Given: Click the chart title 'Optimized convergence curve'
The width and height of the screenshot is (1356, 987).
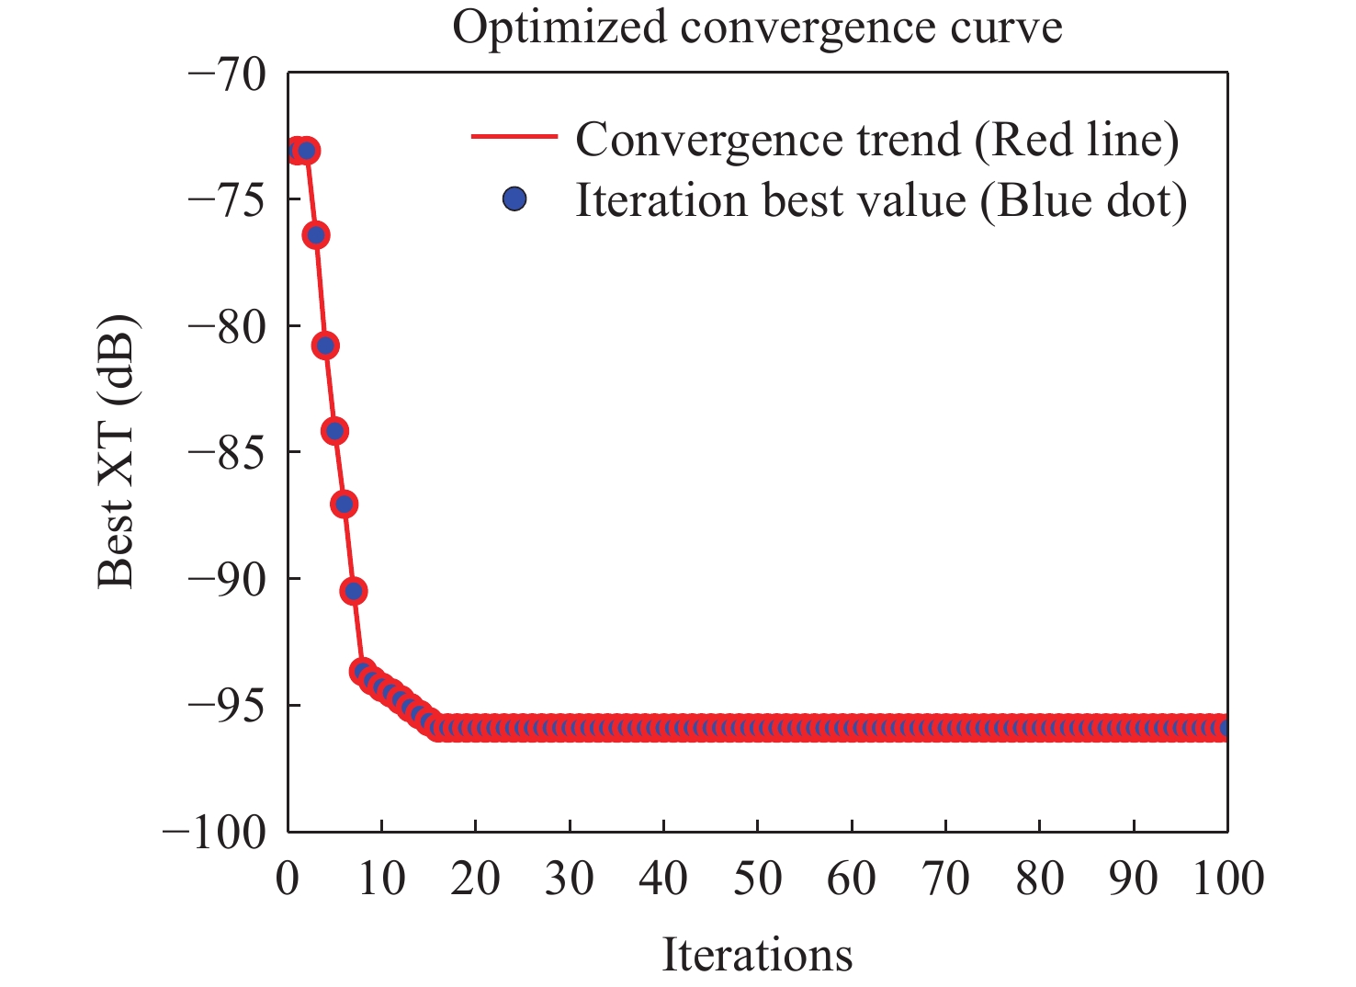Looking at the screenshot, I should point(757,28).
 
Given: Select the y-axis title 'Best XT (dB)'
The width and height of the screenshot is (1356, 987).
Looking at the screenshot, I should point(118,451).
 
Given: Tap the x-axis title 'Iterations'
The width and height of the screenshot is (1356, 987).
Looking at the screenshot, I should point(757,955).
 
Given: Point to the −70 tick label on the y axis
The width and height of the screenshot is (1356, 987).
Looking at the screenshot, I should point(226,74).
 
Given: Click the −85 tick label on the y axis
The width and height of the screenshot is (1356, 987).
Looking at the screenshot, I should point(226,452).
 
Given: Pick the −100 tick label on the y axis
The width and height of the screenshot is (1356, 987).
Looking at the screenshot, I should point(214,833).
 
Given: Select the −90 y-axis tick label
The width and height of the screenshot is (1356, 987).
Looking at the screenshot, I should point(226,579).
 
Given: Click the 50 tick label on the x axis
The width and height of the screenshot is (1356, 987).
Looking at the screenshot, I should point(757,879).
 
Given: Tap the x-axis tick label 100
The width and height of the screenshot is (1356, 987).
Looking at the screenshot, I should point(1227,879).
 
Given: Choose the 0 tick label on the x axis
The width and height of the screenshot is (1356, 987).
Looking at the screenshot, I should point(288,879).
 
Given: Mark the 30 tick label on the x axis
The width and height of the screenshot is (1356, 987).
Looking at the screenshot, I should point(570,879).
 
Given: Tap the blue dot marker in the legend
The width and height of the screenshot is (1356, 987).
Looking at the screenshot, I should point(514,199).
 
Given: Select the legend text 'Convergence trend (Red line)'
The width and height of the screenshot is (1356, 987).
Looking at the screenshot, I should point(876,140).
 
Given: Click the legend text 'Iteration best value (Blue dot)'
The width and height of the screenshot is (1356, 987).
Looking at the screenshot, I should point(880,200).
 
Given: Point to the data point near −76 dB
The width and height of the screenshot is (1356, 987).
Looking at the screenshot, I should point(316,235).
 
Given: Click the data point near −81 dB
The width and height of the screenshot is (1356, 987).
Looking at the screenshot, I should point(325,346).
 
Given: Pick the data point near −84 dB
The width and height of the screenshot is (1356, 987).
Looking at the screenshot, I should point(334,431).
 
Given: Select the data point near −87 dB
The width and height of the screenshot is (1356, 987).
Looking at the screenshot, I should point(345,504).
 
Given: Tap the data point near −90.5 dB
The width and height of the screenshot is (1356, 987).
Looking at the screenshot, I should point(354,591).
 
